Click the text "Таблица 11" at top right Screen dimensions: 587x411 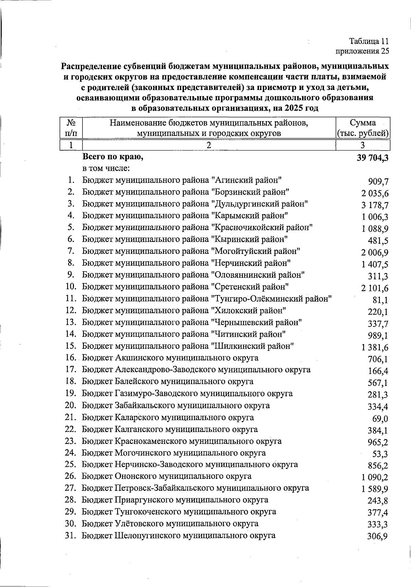tap(369, 41)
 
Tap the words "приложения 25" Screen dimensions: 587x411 tap(363, 51)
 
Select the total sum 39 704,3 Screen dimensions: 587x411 tap(372, 158)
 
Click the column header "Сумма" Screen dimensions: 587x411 tap(363, 123)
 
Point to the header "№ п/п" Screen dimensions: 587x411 tap(71, 128)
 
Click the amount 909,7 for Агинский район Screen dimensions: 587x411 tap(378, 182)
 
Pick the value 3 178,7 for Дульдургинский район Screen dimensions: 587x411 tap(375, 205)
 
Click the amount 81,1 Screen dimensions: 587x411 tap(380, 300)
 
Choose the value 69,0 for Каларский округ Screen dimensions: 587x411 tap(380, 419)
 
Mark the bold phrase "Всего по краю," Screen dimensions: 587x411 tap(112, 157)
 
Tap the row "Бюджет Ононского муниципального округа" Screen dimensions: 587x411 tap(166, 476)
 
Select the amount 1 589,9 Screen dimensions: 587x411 tap(375, 489)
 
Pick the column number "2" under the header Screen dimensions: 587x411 tap(209, 145)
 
